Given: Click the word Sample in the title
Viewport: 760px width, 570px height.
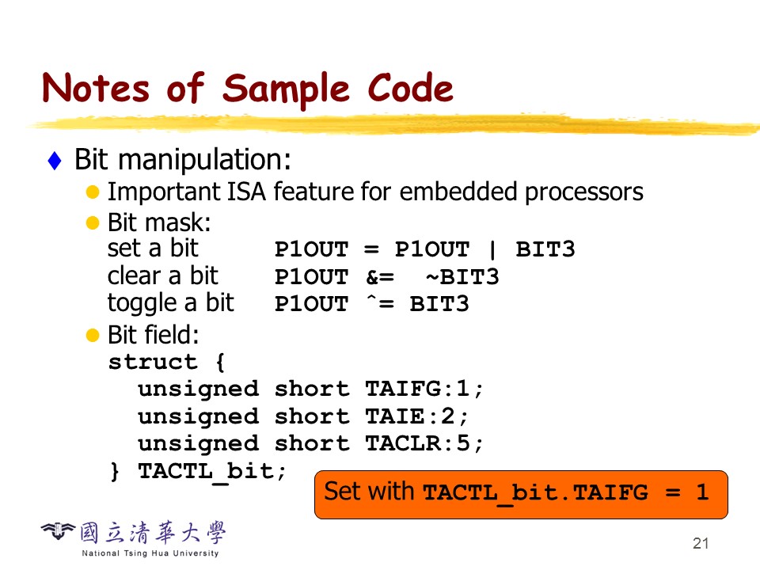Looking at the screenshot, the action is click(x=286, y=89).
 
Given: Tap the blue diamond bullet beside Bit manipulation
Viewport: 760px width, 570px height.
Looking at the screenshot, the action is click(x=55, y=161).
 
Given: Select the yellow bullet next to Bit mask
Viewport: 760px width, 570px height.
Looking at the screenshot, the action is click(x=92, y=223).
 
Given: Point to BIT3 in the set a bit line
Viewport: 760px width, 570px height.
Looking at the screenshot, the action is click(x=545, y=249).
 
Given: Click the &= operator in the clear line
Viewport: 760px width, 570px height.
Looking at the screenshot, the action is click(x=380, y=277).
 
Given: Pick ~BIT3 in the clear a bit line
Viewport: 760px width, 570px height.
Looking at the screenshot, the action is click(x=462, y=277).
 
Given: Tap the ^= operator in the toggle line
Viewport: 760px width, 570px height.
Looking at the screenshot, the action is click(x=380, y=304).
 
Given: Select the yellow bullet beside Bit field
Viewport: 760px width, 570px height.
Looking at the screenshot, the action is click(x=92, y=335).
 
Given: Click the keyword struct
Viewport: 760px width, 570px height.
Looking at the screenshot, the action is click(x=153, y=362).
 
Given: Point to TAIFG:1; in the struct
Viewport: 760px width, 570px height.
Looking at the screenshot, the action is click(x=424, y=389).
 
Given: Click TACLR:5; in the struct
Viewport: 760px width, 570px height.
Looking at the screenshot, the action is click(x=424, y=443).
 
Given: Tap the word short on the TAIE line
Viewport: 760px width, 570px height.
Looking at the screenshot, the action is click(x=312, y=416).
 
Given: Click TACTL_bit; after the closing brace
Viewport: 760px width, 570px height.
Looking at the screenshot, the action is click(x=212, y=471).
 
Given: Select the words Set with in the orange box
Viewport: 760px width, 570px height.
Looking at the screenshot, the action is click(x=369, y=492).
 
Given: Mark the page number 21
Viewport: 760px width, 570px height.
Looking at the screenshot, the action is click(x=701, y=543).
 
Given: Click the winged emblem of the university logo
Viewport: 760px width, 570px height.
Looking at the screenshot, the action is click(x=58, y=531).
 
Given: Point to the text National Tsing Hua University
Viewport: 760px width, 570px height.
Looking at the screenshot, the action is click(x=150, y=553).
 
